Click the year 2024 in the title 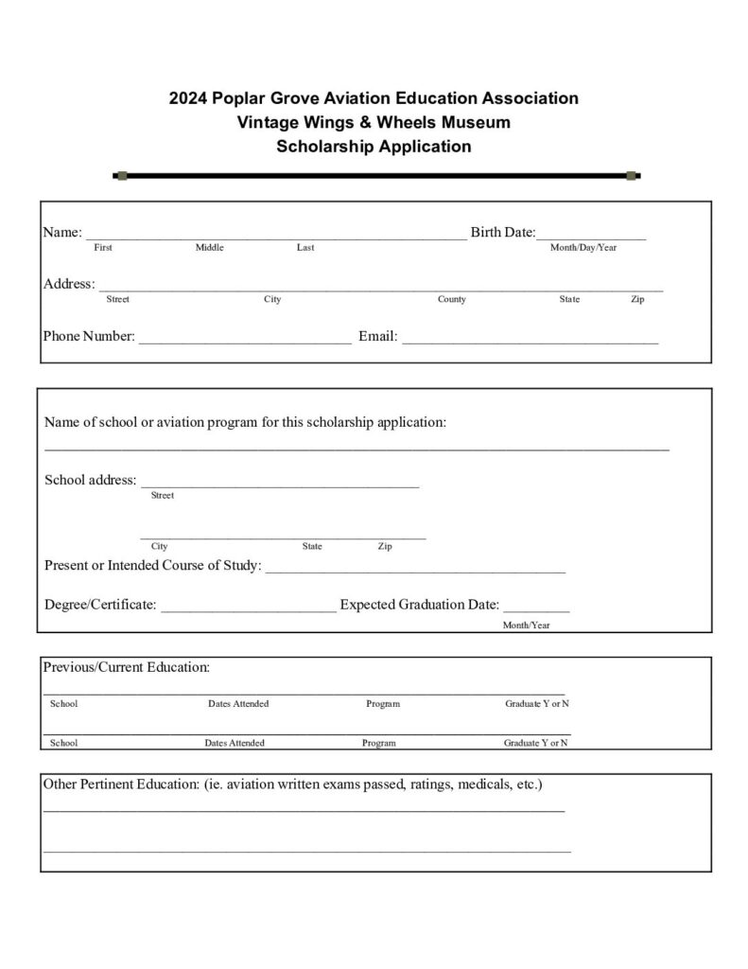(x=187, y=98)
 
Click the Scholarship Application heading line (x=374, y=147)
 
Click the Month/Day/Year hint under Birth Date (x=583, y=248)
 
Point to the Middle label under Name (x=209, y=248)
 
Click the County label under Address (x=451, y=300)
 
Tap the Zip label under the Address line (x=638, y=300)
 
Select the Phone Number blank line (x=245, y=342)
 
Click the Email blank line (x=530, y=342)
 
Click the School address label (x=90, y=481)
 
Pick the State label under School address (x=312, y=547)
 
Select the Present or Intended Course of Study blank (x=415, y=572)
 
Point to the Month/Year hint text (x=526, y=625)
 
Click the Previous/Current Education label (x=126, y=667)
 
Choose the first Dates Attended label (x=238, y=704)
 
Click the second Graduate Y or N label (x=536, y=744)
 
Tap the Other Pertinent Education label (x=292, y=785)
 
